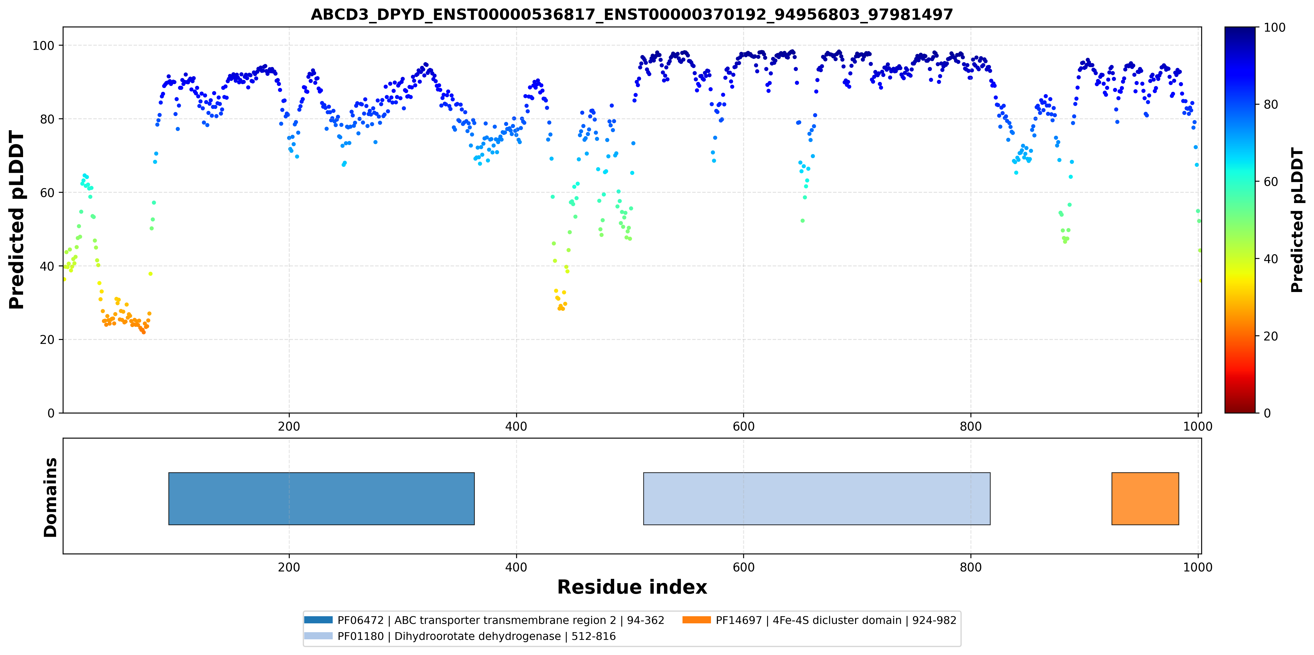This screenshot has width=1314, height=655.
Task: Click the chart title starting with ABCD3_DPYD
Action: pos(632,14)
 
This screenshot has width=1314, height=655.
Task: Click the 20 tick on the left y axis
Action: pos(47,340)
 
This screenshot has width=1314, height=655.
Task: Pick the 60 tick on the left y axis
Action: pos(47,192)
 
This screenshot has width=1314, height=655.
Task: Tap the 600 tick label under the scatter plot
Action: pos(743,427)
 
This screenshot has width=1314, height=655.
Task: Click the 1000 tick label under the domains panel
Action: pos(1197,567)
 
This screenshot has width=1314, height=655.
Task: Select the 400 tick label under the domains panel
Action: pos(516,567)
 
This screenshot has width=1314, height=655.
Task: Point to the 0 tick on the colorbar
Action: pos(1267,413)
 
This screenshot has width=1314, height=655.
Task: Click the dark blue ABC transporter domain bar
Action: pos(321,499)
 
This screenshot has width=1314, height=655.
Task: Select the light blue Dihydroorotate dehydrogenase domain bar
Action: pos(817,499)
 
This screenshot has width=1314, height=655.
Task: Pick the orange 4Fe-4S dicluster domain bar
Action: pos(1145,499)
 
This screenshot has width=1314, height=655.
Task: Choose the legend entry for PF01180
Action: pos(460,636)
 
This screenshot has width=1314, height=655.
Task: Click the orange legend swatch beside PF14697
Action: pos(696,620)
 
